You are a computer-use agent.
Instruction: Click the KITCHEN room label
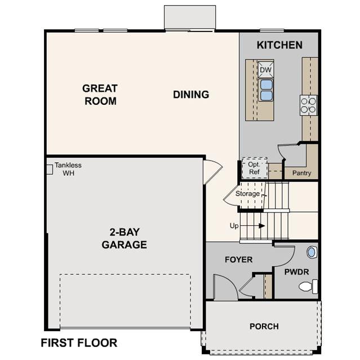pyautogui.click(x=279, y=45)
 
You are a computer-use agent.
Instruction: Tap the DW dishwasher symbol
pyautogui.click(x=266, y=69)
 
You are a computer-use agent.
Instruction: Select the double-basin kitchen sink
pyautogui.click(x=266, y=90)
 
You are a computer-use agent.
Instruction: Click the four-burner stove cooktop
pyautogui.click(x=309, y=105)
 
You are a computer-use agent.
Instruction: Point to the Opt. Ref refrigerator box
pyautogui.click(x=255, y=168)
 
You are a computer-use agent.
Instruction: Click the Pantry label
pyautogui.click(x=301, y=173)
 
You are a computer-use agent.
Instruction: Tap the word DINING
pyautogui.click(x=191, y=95)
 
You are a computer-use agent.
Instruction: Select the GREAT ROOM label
pyautogui.click(x=100, y=95)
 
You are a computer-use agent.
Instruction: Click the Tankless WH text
pyautogui.click(x=68, y=169)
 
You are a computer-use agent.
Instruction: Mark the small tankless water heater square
pyautogui.click(x=50, y=170)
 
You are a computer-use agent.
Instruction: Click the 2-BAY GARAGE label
pyautogui.click(x=124, y=238)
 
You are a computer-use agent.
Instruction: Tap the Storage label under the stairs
pyautogui.click(x=247, y=194)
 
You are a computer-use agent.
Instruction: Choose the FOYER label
pyautogui.click(x=238, y=260)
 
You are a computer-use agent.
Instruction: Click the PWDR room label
pyautogui.click(x=297, y=272)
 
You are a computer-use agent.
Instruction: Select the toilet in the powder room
pyautogui.click(x=308, y=286)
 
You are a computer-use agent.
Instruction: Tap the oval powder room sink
pyautogui.click(x=312, y=252)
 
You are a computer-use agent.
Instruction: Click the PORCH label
pyautogui.click(x=264, y=326)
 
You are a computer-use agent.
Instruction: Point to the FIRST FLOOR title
pyautogui.click(x=79, y=343)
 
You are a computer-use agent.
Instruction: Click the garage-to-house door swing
pyautogui.click(x=214, y=171)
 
